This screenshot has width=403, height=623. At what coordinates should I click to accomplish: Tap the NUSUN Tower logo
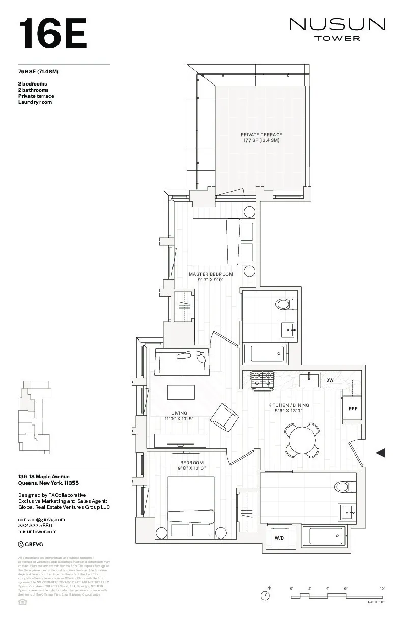pyautogui.click(x=337, y=29)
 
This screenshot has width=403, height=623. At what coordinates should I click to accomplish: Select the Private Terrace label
pyautogui.click(x=261, y=137)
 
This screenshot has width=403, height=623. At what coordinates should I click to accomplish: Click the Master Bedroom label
pyautogui.click(x=211, y=277)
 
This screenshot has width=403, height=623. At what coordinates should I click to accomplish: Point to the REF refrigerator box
pyautogui.click(x=353, y=409)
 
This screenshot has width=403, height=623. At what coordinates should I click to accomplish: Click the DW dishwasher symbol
pyautogui.click(x=330, y=380)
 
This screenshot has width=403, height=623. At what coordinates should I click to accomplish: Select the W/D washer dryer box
pyautogui.click(x=279, y=537)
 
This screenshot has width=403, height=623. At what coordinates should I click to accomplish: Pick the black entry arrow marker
pyautogui.click(x=380, y=452)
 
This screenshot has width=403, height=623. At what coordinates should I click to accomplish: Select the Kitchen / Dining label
pyautogui.click(x=289, y=408)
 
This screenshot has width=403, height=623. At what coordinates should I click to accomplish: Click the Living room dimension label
pyautogui.click(x=179, y=419)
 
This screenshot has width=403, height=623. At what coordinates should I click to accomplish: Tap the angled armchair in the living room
pyautogui.click(x=224, y=417)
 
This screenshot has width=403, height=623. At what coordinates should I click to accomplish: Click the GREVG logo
pyautogui.click(x=31, y=544)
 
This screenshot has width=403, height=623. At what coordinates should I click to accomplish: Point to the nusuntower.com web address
pyautogui.click(x=37, y=531)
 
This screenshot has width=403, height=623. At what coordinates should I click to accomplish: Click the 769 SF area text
pyautogui.click(x=38, y=71)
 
